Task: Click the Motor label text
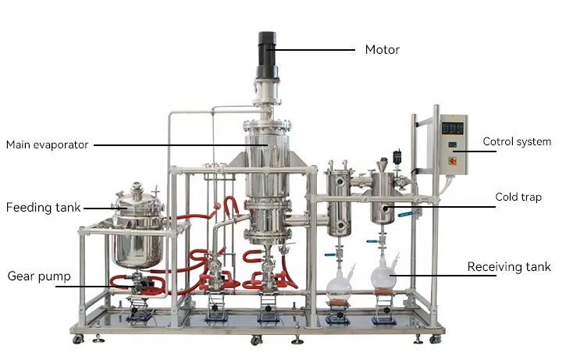point(383,49)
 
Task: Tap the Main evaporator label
point(48,144)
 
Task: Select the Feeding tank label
point(43,208)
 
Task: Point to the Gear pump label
point(39,276)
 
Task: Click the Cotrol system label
point(517,141)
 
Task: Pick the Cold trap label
point(518,197)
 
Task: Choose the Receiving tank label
point(509,267)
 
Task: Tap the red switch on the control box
point(452,161)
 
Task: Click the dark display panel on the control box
point(453,128)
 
